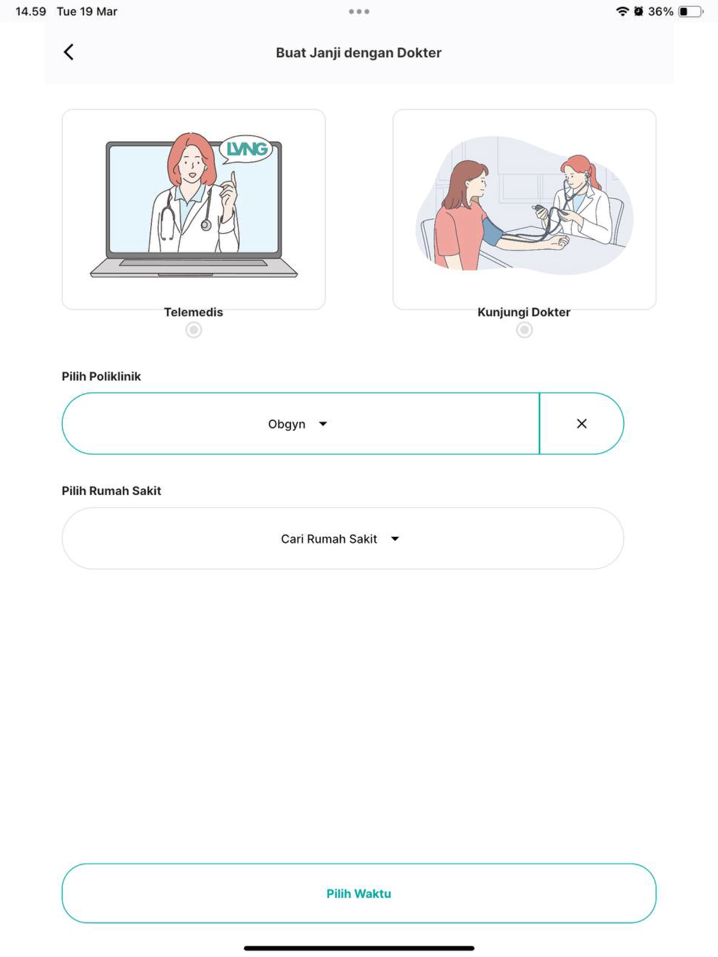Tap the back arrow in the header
(x=68, y=52)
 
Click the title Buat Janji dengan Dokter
(x=359, y=53)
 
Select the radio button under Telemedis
(x=194, y=330)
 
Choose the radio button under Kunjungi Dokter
(x=524, y=330)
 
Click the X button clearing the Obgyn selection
(x=582, y=424)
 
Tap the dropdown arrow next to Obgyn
(x=323, y=424)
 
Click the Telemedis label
(x=194, y=312)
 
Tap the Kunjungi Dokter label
(x=524, y=312)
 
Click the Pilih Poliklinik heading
(x=101, y=377)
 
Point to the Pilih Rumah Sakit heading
(x=111, y=491)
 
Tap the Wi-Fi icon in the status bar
(x=622, y=12)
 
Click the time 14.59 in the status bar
(x=30, y=12)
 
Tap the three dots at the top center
(x=359, y=12)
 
